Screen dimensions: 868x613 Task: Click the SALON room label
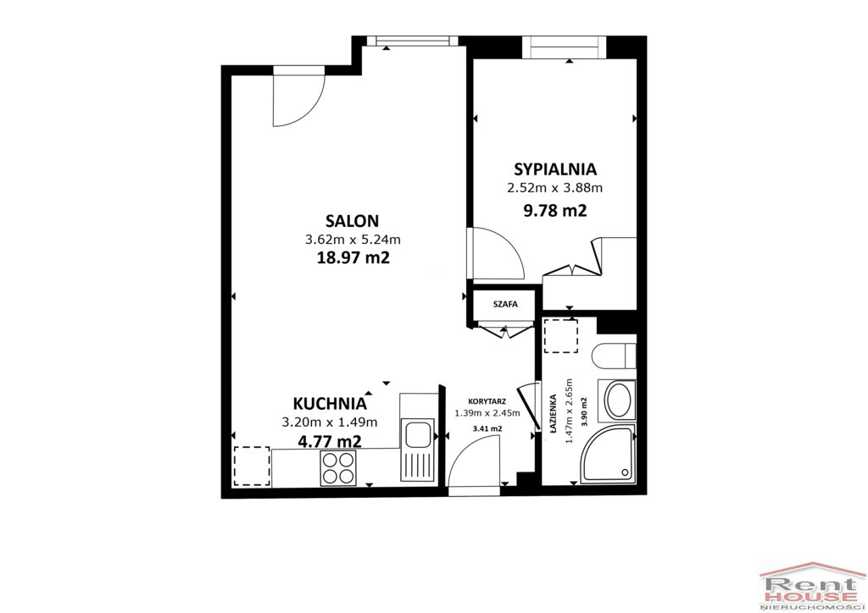[352, 221]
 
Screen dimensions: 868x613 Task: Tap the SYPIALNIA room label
[555, 168]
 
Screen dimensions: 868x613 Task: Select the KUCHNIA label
[330, 404]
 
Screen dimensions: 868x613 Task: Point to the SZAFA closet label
[505, 304]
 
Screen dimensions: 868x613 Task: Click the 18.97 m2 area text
[353, 257]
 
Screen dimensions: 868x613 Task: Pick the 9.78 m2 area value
[555, 211]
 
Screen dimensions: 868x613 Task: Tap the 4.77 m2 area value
[330, 441]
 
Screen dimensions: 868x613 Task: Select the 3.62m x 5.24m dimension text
[353, 240]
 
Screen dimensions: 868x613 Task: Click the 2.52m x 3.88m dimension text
[555, 188]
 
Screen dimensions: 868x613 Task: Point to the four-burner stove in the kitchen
[337, 468]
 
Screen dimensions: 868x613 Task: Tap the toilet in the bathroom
[614, 356]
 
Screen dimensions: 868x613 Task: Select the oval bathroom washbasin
[617, 400]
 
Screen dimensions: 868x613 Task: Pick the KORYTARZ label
[487, 401]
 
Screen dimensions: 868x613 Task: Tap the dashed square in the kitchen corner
[252, 466]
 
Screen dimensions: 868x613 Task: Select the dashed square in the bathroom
[561, 336]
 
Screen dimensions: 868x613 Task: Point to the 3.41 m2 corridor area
[487, 428]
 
